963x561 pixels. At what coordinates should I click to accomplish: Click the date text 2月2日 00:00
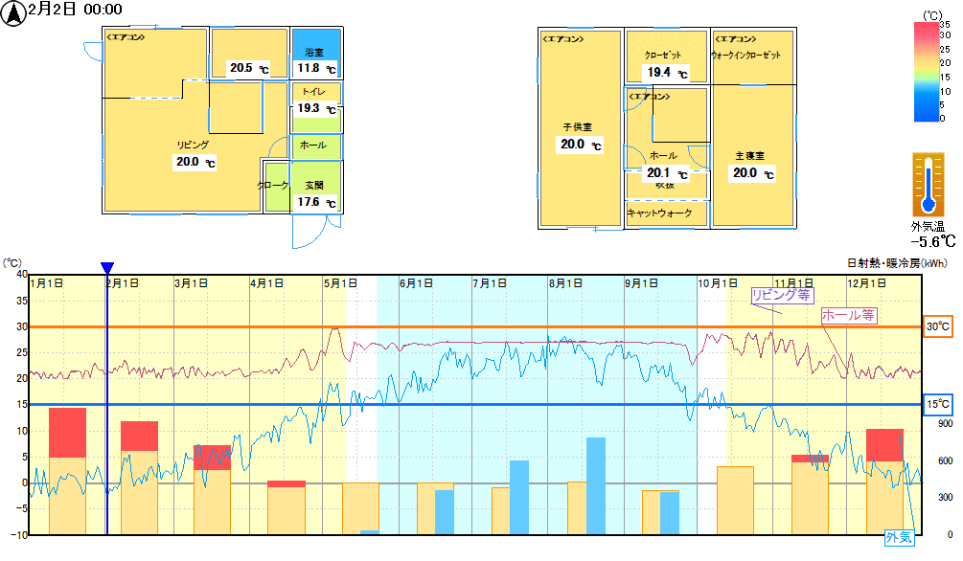[x=76, y=10]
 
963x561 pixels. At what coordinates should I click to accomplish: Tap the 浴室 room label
[x=314, y=52]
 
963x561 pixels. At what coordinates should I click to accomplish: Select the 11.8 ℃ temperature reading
[x=316, y=69]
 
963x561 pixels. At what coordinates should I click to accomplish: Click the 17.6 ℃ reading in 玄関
[x=316, y=203]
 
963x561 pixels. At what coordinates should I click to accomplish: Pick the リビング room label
[x=193, y=145]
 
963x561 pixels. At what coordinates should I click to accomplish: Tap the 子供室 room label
[x=577, y=126]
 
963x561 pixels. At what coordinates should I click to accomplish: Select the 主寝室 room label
[x=749, y=155]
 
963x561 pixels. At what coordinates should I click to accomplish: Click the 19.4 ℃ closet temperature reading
[x=667, y=73]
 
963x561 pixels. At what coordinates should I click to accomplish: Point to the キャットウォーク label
[x=659, y=213]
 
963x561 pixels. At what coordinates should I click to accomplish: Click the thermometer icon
[x=928, y=185]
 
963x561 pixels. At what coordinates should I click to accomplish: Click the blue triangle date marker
[x=107, y=268]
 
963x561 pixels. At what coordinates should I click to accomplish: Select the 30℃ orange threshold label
[x=937, y=326]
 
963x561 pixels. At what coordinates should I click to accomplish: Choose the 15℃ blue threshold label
[x=937, y=404]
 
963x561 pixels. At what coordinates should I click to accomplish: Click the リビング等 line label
[x=781, y=295]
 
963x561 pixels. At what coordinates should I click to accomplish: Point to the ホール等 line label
[x=849, y=315]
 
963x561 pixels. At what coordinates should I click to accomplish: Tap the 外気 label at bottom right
[x=899, y=538]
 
